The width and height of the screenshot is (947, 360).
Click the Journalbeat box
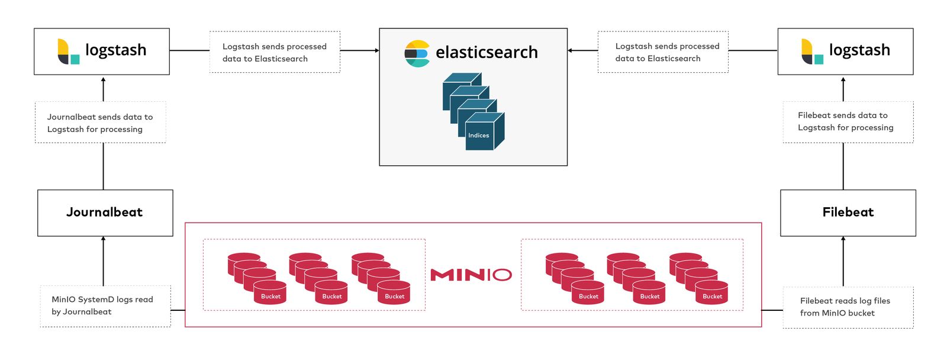pos(105,213)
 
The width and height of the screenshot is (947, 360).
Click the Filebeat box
pos(848,213)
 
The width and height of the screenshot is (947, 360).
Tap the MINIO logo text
pos(471,275)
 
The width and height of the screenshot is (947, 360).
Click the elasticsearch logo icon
pos(417,53)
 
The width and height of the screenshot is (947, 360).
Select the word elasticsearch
pos(487,53)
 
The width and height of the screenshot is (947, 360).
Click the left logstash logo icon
pos(68,52)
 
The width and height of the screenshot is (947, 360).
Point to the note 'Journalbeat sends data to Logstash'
pos(100,123)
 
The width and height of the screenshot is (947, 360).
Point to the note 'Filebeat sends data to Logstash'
pos(848,121)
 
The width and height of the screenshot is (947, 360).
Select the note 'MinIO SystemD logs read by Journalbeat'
pos(105,306)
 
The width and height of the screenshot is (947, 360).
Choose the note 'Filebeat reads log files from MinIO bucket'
pos(848,307)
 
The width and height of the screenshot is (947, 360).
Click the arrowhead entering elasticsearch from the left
pos(376,50)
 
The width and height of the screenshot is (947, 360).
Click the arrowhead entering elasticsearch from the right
pos(570,50)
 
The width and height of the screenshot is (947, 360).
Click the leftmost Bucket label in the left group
pos(270,296)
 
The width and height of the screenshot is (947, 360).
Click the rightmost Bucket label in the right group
pos(712,296)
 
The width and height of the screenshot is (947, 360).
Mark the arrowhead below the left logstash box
pos(104,79)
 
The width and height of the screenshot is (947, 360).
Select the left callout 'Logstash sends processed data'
pos(275,52)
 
